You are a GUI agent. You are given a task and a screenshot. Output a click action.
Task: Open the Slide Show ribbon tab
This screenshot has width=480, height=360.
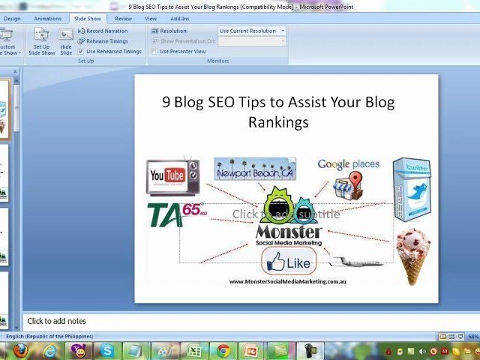coord(87,19)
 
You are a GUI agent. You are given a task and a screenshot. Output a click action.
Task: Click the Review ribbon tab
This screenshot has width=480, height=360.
coord(123,19)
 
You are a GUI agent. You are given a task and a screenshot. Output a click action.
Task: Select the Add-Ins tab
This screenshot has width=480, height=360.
coord(180,19)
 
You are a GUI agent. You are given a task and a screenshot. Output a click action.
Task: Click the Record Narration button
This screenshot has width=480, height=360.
coord(106,31)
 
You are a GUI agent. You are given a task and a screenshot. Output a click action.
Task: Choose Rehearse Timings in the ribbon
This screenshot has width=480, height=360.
coord(107,41)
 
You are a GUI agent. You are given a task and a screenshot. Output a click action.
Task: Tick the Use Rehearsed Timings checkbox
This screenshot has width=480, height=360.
coord(81,51)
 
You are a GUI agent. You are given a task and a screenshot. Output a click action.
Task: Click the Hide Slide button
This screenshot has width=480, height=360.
coord(66,42)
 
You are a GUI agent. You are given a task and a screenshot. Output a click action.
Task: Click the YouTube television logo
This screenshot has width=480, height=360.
coord(172,177)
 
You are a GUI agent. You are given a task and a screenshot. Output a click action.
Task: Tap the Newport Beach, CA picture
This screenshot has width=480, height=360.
coord(255,170)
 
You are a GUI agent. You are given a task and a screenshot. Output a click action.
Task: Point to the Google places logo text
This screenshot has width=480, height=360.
coord(348,164)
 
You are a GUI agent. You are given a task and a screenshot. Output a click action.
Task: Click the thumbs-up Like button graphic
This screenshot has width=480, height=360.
coord(289,262)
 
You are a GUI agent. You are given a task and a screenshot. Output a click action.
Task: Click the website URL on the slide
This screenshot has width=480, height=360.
coord(288,282)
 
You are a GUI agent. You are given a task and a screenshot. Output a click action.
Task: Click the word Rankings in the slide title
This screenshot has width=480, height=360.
coord(278,122)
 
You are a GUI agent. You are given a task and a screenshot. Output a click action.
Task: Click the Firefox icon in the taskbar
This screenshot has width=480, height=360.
coord(20,351)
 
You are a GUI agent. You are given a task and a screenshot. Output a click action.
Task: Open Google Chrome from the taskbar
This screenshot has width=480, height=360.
coord(223,351)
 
